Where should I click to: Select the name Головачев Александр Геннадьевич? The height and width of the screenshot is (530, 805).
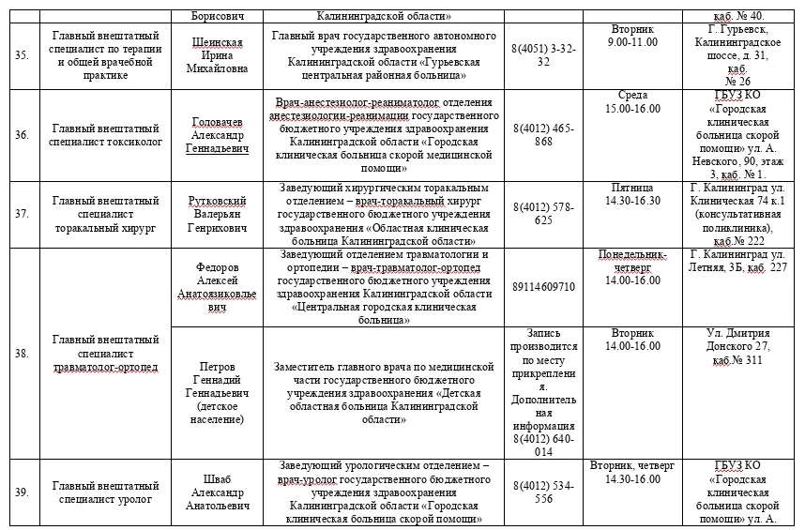(x=218, y=135)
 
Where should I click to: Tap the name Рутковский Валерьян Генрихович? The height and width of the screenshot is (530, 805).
(x=218, y=214)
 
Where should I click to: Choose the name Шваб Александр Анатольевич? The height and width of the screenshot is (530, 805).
(x=218, y=492)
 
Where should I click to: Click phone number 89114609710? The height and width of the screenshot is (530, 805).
(x=544, y=287)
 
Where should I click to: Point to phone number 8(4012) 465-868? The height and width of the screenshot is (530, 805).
(x=544, y=135)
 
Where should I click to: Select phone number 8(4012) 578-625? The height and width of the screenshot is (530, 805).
(x=544, y=214)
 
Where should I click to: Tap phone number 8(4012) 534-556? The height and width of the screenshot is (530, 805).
(x=544, y=492)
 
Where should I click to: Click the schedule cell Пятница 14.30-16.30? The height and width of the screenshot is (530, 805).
(x=633, y=194)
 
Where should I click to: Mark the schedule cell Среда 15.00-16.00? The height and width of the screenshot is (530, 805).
(x=633, y=102)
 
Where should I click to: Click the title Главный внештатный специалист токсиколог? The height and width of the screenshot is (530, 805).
(x=106, y=135)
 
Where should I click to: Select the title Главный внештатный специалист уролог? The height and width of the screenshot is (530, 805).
(x=106, y=492)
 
